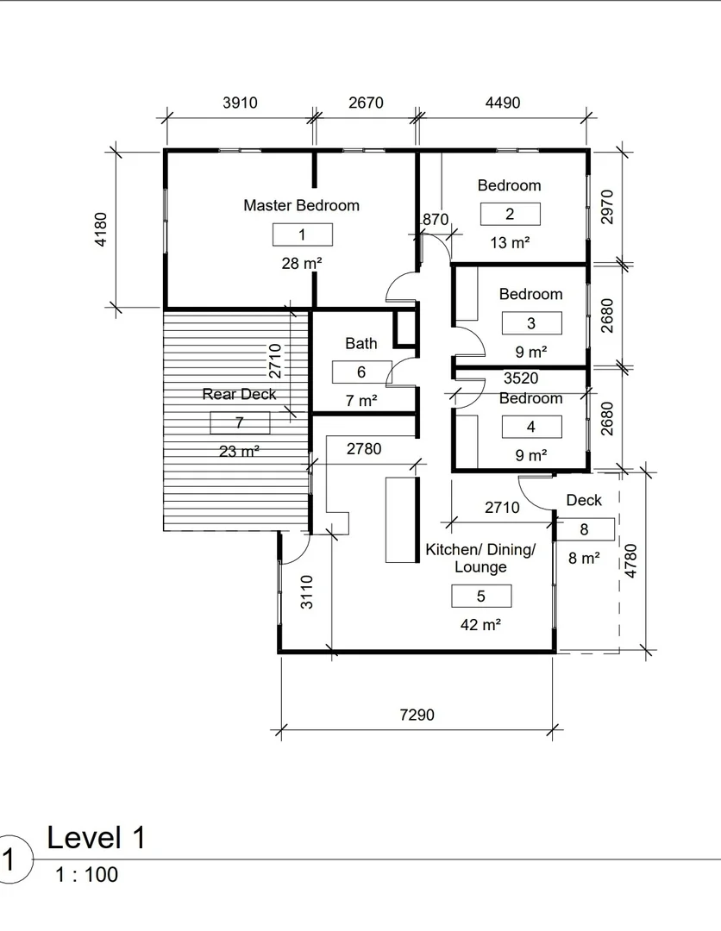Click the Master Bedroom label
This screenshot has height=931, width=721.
tap(301, 205)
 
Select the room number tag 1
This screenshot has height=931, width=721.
tap(302, 234)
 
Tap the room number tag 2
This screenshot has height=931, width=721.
tap(510, 214)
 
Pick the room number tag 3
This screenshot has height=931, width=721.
tap(531, 323)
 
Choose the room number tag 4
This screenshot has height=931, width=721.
tap(531, 427)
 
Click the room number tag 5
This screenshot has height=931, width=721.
tap(481, 596)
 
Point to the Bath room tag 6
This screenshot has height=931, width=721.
tap(361, 372)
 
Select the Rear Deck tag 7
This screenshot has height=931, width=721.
tap(240, 422)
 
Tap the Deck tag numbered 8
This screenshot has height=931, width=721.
tap(584, 529)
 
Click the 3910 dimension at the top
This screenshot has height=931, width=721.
tap(240, 103)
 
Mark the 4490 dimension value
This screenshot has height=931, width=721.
tap(503, 103)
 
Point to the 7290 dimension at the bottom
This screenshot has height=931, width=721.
tap(417, 715)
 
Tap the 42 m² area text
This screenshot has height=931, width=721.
tap(481, 625)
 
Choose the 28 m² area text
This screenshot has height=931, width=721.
tap(302, 263)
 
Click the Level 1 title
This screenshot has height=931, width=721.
tap(97, 837)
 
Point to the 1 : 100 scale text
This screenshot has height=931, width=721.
tap(86, 875)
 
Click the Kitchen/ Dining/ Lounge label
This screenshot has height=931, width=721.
tap(480, 559)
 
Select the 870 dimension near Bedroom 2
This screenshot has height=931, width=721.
tap(436, 219)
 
